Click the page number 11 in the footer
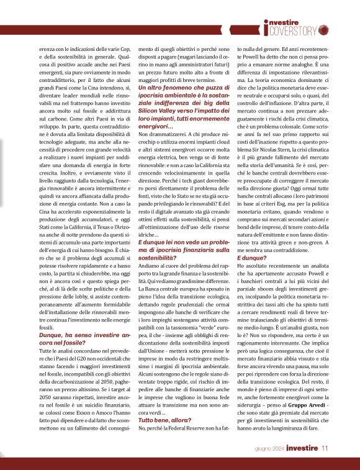point(325,446)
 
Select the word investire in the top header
point(290,20)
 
